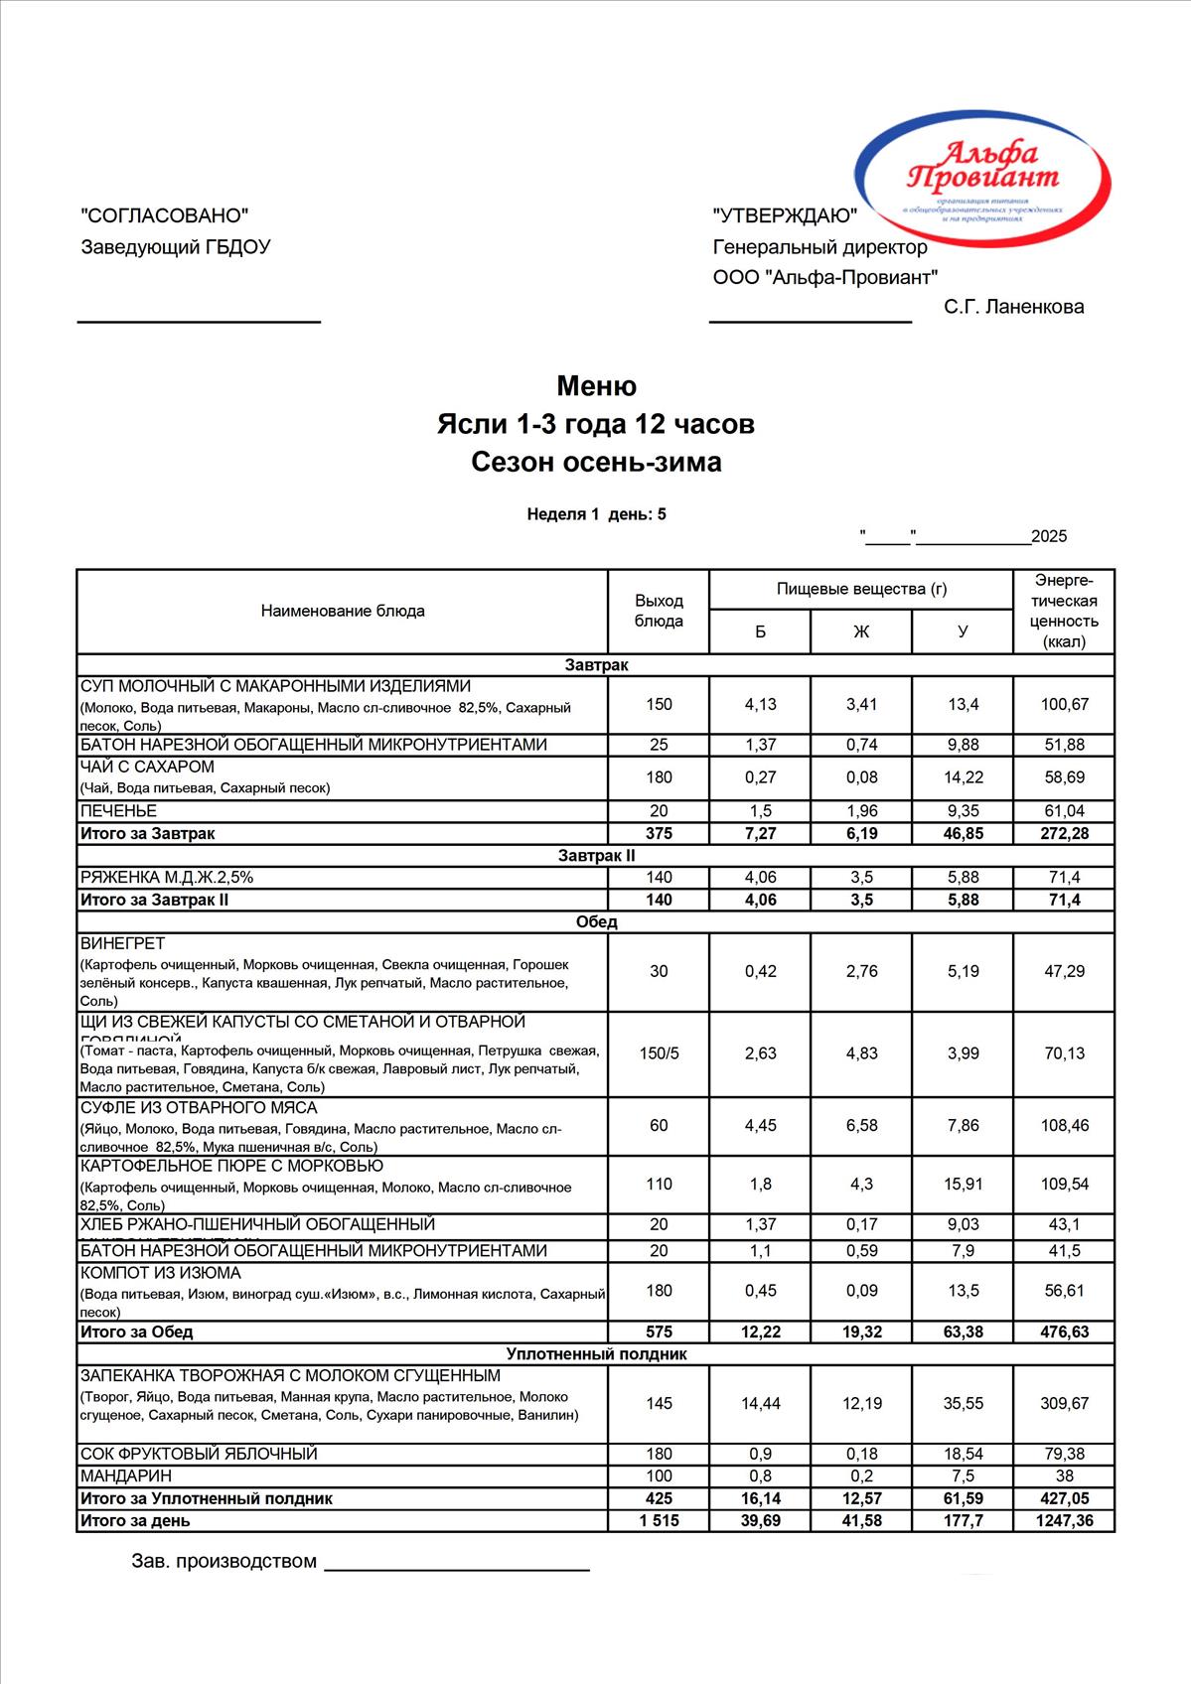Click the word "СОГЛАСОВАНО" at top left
tap(164, 215)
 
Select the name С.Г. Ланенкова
tap(1013, 307)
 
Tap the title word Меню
tap(596, 385)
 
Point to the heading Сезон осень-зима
tap(596, 462)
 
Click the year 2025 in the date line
tap(1049, 537)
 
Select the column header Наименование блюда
tap(343, 611)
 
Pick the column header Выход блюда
tap(659, 611)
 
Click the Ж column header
tap(861, 631)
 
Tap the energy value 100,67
tap(1064, 704)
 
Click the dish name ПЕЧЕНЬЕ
tap(118, 811)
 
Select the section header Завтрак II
tap(596, 855)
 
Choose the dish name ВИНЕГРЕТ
tap(122, 943)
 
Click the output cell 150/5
tap(659, 1053)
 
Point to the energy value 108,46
tap(1064, 1125)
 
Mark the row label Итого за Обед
tap(136, 1332)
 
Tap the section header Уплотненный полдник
tap(596, 1353)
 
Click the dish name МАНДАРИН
tap(125, 1475)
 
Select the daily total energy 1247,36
tap(1064, 1520)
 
